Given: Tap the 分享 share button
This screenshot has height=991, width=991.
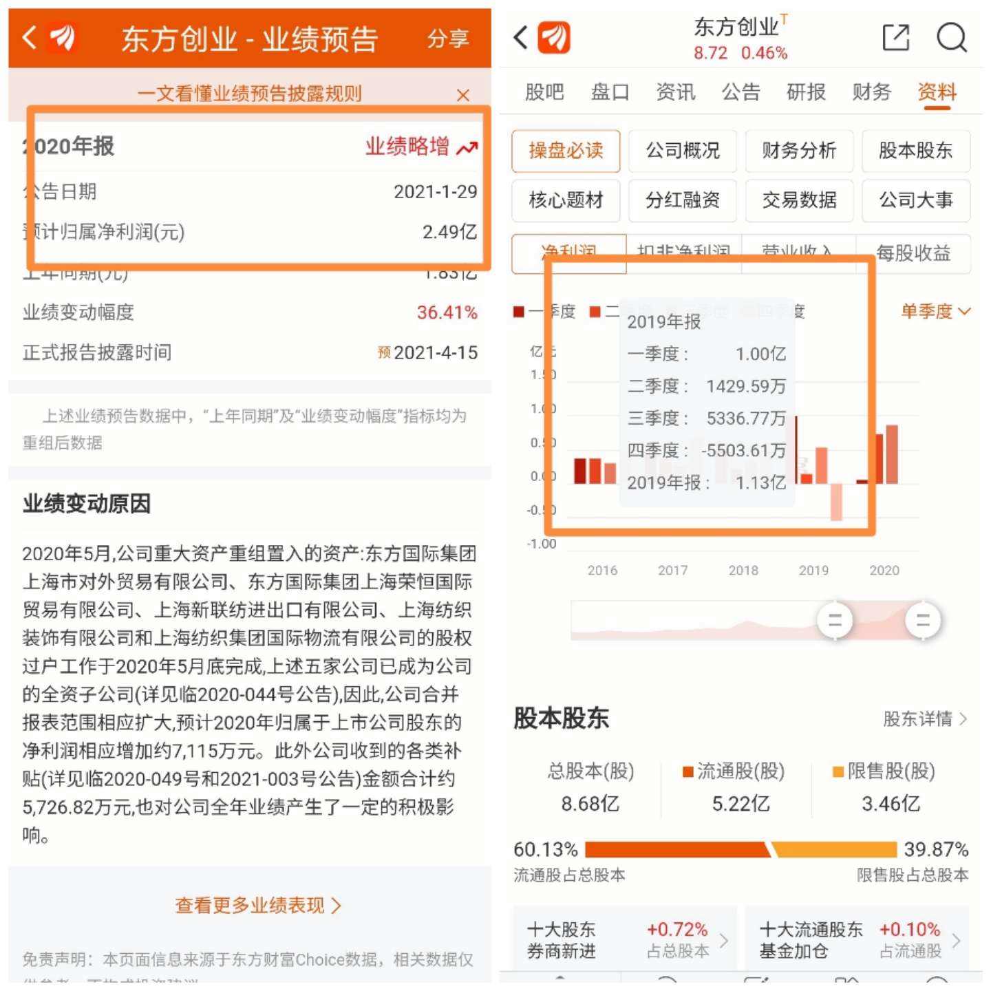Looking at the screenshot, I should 448,39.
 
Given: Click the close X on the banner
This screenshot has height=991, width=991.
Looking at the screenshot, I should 463,95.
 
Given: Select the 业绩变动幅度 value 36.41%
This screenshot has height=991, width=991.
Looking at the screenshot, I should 447,312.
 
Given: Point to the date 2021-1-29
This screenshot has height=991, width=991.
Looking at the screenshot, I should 435,191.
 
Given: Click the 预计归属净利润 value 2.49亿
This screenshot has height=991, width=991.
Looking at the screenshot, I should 449,232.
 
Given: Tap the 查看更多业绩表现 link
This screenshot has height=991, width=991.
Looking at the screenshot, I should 258,905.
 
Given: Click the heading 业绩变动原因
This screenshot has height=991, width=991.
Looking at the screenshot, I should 87,504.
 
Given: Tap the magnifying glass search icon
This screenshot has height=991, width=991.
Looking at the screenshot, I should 951,38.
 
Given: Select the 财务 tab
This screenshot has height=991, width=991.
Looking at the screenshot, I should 871,92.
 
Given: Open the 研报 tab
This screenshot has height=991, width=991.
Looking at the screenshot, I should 806,92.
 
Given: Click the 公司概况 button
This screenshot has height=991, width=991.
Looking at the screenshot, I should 682,151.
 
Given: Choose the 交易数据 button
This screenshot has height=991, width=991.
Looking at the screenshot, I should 799,200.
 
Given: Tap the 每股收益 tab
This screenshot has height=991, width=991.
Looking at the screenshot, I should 913,253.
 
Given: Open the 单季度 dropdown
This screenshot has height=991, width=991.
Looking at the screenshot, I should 935,312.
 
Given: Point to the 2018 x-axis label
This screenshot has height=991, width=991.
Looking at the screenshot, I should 743,571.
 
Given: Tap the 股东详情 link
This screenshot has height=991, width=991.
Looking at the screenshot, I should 924,719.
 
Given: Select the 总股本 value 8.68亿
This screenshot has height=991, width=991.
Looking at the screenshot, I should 590,804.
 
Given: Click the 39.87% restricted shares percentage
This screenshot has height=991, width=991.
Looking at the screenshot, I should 936,849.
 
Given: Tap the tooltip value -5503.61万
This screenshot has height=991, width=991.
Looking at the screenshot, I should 743,451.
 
